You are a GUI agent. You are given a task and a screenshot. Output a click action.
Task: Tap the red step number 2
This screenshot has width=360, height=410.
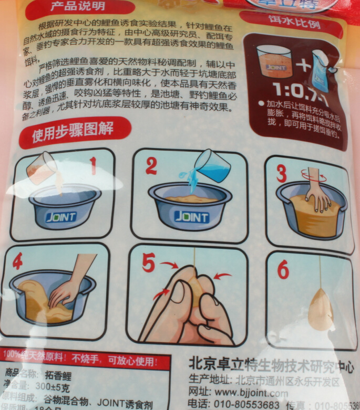click(x=151, y=166)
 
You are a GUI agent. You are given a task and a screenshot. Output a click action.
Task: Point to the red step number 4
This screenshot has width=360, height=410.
click(x=17, y=261)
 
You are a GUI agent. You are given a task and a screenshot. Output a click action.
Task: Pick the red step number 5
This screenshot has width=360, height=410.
click(x=148, y=263)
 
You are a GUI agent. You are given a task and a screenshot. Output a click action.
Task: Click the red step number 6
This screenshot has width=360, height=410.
click(x=283, y=270)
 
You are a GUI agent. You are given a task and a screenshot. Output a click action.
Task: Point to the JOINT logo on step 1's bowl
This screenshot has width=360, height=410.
click(x=61, y=216)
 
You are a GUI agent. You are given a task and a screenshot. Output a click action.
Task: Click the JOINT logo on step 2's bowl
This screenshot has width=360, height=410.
click(x=191, y=217)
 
